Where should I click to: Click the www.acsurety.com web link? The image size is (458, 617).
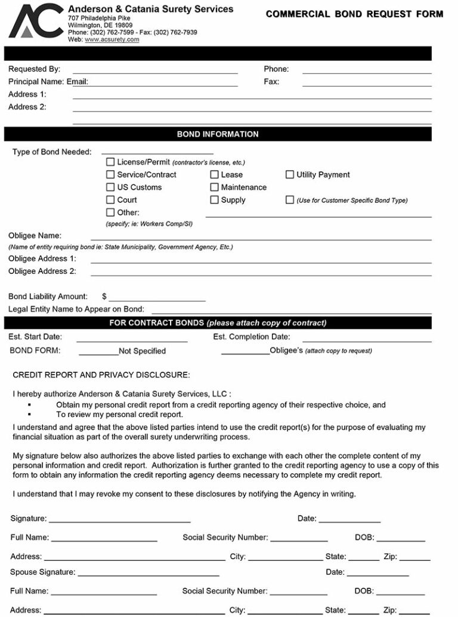pyautogui.click(x=112, y=39)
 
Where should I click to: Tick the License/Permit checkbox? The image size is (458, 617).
pyautogui.click(x=110, y=162)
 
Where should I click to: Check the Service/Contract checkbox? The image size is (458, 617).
pyautogui.click(x=110, y=174)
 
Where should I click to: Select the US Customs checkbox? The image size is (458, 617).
pyautogui.click(x=110, y=187)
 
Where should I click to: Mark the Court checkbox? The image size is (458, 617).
pyautogui.click(x=110, y=200)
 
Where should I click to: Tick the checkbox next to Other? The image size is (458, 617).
pyautogui.click(x=110, y=212)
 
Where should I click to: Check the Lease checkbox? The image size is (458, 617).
pyautogui.click(x=214, y=174)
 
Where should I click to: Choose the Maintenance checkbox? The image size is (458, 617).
pyautogui.click(x=214, y=187)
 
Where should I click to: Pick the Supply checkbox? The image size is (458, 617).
pyautogui.click(x=214, y=200)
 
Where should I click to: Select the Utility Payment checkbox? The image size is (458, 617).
pyautogui.click(x=290, y=174)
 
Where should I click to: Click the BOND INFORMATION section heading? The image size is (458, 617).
pyautogui.click(x=218, y=134)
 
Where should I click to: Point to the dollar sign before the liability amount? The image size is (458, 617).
pyautogui.click(x=104, y=296)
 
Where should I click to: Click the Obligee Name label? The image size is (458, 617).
pyautogui.click(x=35, y=236)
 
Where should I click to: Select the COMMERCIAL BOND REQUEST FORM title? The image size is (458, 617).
pyautogui.click(x=354, y=14)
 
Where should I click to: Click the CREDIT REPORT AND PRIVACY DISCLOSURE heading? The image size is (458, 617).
pyautogui.click(x=101, y=375)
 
